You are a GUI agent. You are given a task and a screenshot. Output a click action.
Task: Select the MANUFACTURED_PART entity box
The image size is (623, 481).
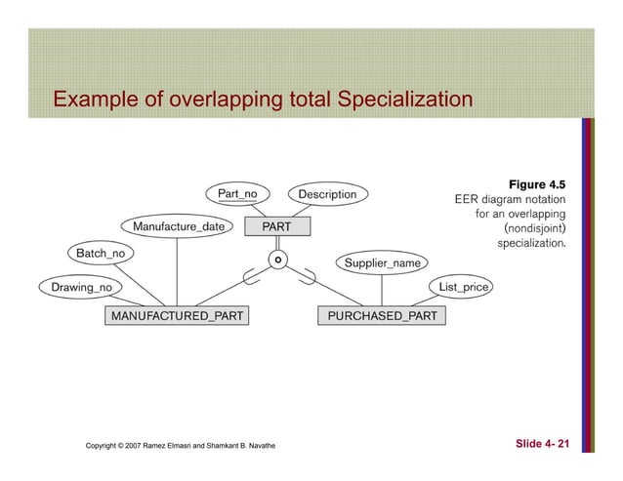click(177, 316)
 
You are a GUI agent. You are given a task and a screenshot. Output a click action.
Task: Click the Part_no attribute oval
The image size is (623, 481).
click(237, 193)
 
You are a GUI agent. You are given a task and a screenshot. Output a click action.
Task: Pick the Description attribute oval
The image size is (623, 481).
click(328, 194)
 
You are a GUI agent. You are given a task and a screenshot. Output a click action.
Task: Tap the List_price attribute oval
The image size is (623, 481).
click(464, 287)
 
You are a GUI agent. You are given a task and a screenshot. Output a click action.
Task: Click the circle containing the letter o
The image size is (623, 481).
click(278, 261)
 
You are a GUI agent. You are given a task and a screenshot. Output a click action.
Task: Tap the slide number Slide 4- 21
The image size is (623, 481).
click(542, 445)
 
